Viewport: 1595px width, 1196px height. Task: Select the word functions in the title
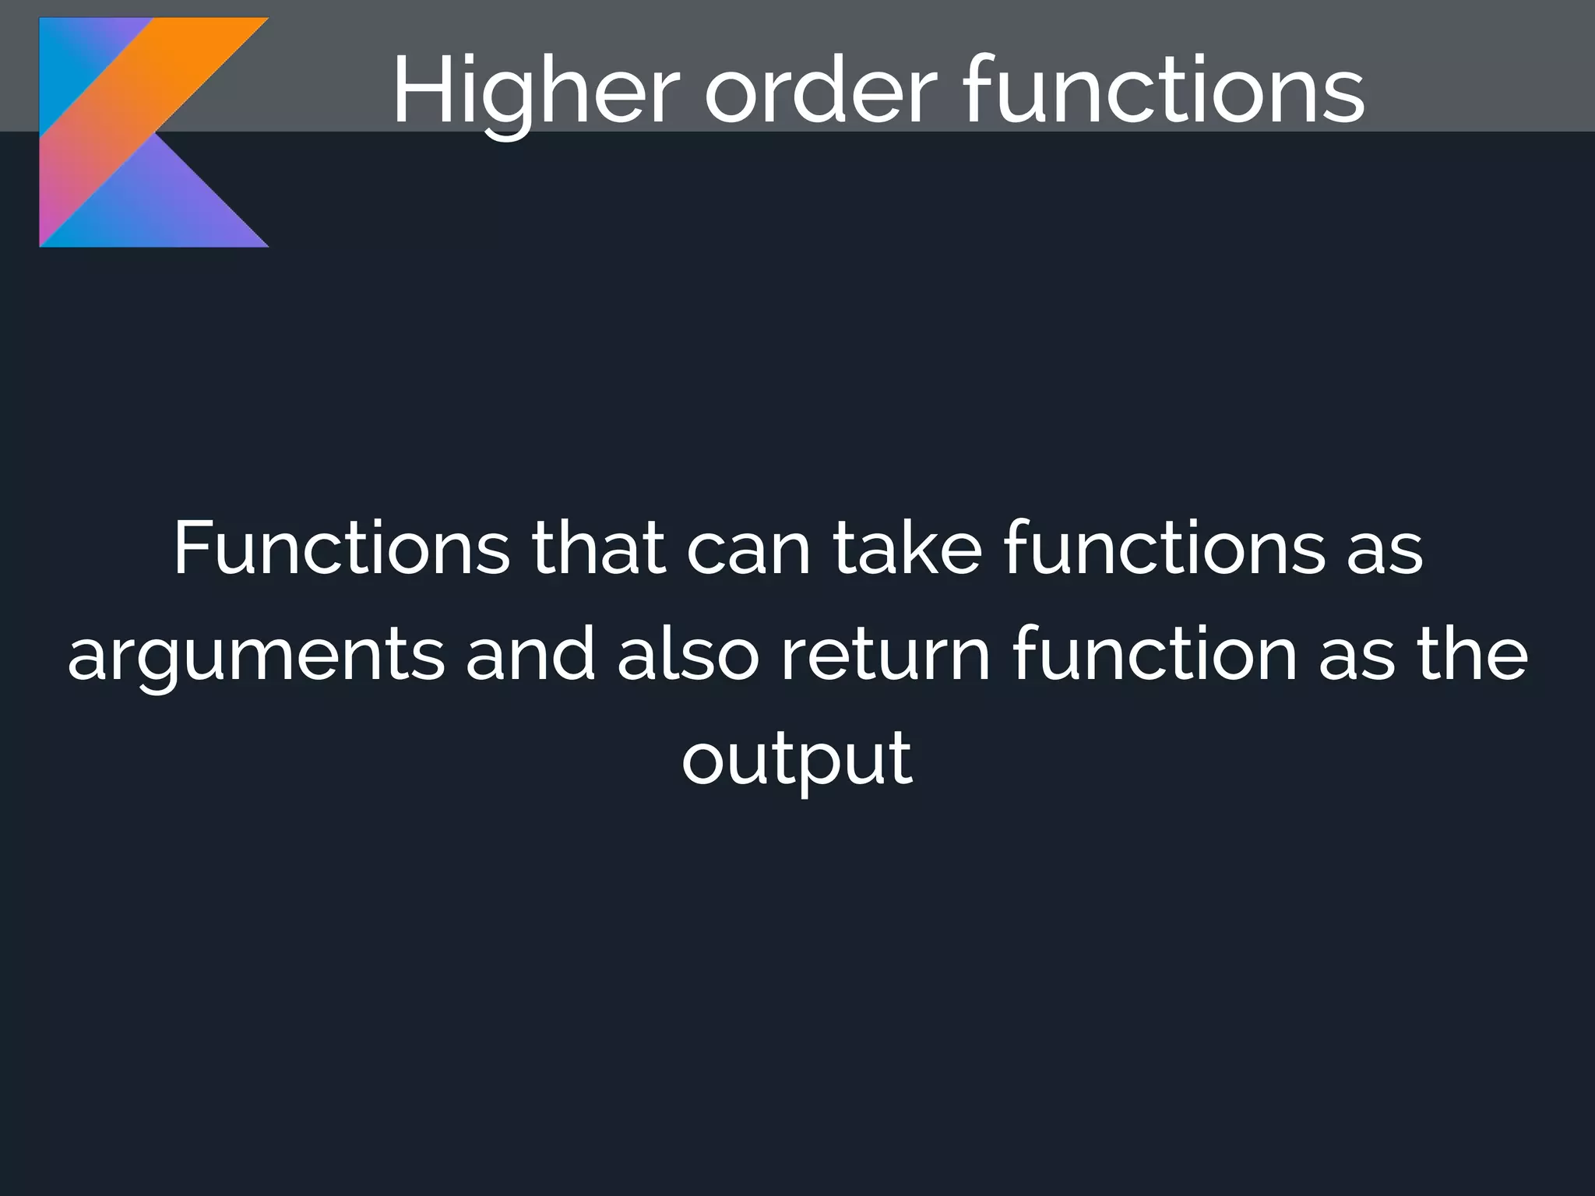[x=1164, y=92]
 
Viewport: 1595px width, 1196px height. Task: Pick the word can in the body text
[x=748, y=549]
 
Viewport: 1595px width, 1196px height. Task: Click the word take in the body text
[x=907, y=549]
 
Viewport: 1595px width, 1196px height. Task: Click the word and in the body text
[x=530, y=654]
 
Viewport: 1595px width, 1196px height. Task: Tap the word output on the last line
[x=797, y=759]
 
